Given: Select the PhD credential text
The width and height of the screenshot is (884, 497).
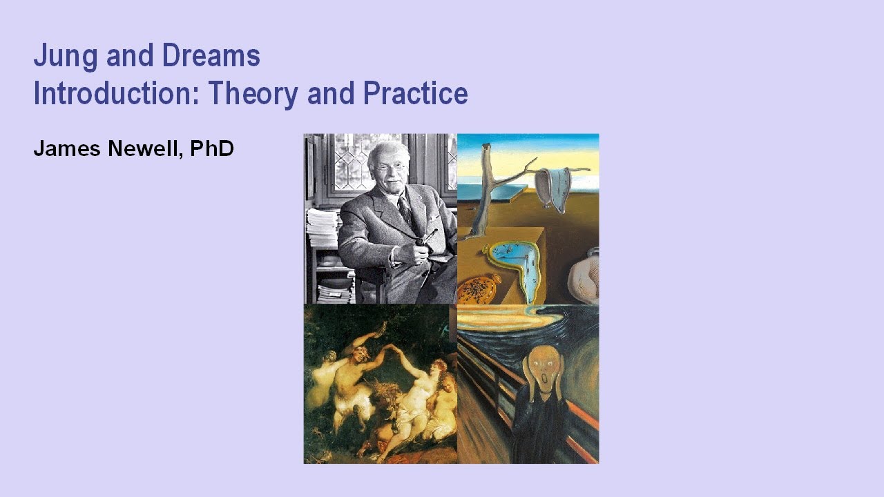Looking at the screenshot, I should [212, 148].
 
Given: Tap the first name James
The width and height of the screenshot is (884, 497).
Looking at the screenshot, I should [68, 148].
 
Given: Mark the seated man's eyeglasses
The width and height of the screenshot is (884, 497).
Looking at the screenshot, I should [391, 166].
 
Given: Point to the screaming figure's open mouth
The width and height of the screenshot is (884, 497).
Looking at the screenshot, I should [541, 379].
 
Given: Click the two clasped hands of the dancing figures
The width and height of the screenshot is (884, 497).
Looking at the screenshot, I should [389, 346].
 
